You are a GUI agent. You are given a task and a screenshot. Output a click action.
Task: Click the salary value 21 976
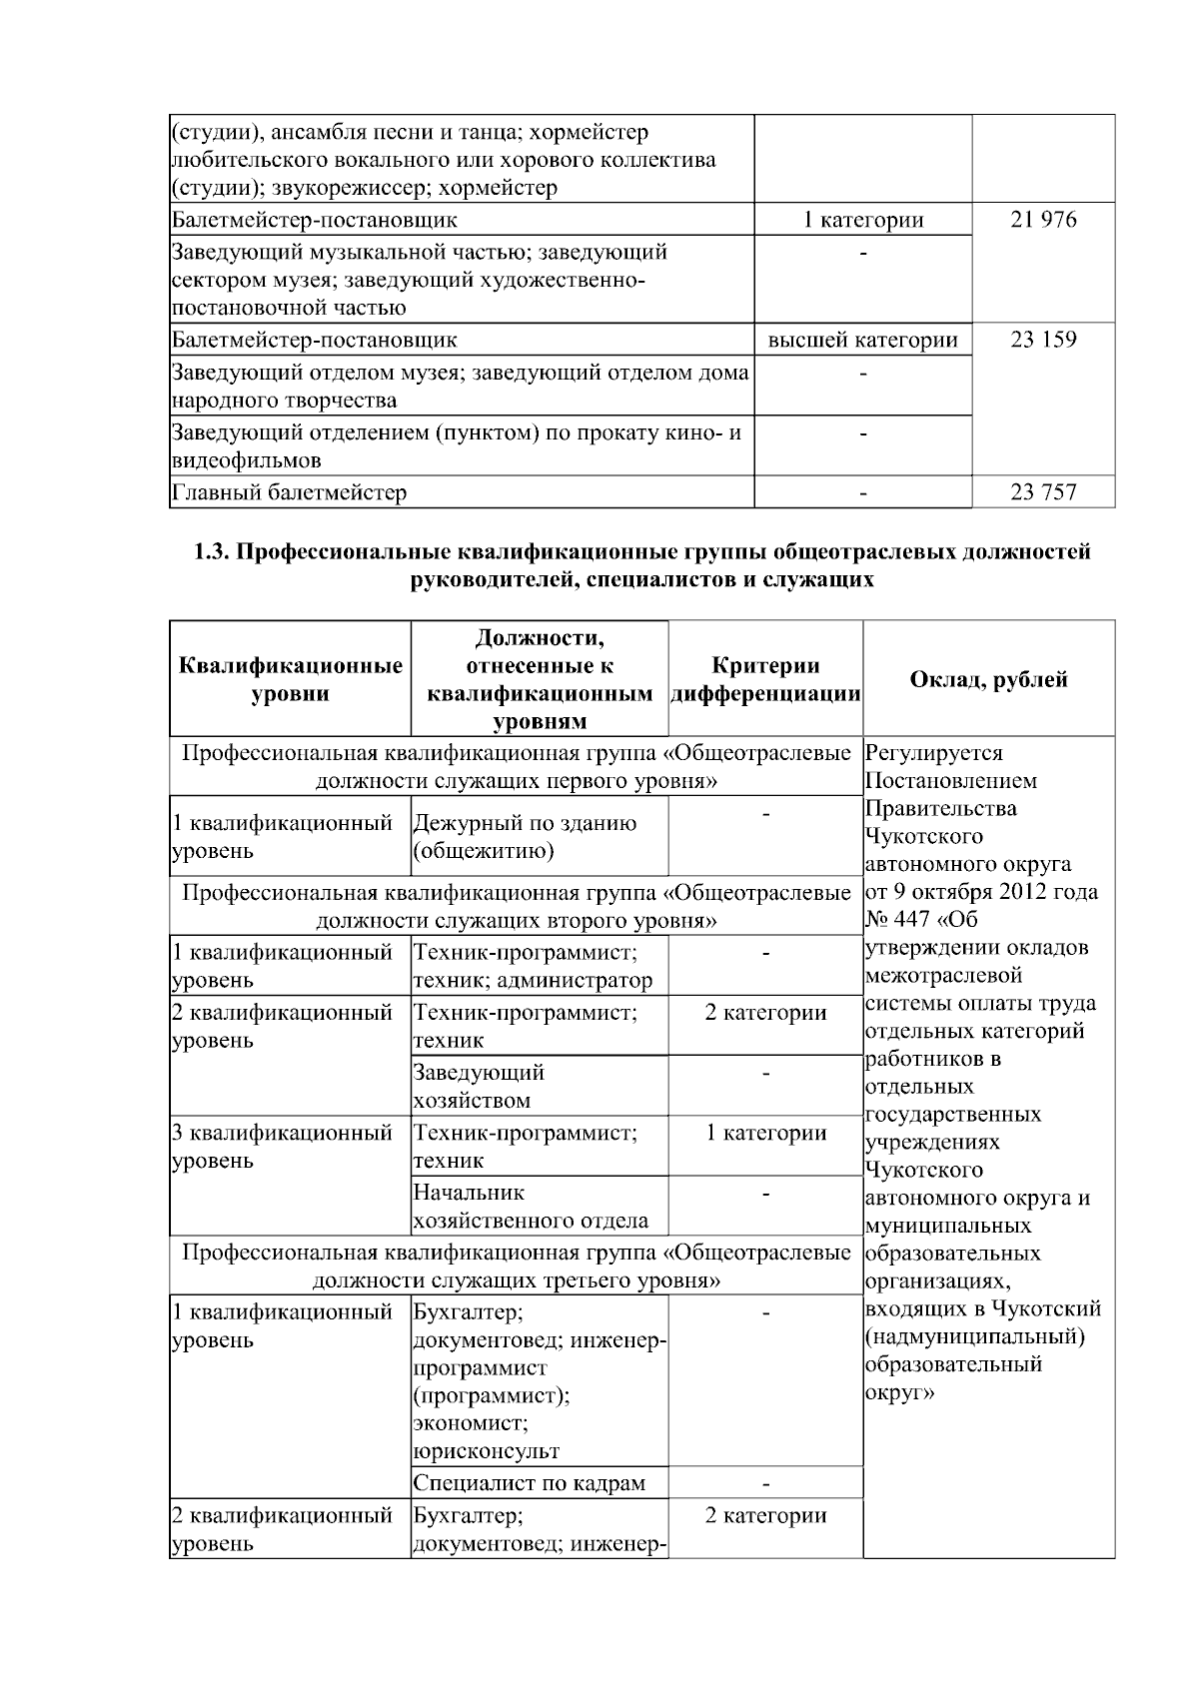click(1043, 220)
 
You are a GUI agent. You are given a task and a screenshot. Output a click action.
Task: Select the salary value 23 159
click(1043, 340)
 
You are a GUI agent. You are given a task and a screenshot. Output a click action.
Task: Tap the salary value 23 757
click(1043, 491)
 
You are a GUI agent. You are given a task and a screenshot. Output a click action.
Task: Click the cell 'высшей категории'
click(862, 340)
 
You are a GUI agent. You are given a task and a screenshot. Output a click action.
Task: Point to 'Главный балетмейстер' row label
click(290, 492)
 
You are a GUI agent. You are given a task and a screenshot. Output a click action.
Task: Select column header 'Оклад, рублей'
click(988, 679)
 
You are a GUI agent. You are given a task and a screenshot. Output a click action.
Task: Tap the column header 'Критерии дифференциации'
click(765, 679)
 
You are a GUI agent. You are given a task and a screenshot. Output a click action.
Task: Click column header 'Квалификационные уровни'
click(291, 679)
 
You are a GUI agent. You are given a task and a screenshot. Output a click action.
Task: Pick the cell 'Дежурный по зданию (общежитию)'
click(525, 837)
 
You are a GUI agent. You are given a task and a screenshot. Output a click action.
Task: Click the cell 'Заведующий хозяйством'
click(479, 1087)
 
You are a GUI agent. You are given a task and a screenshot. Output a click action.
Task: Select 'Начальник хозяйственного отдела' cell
click(530, 1207)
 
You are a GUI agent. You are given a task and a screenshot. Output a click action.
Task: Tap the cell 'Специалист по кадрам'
click(529, 1483)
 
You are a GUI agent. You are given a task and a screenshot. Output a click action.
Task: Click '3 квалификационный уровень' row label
click(282, 1147)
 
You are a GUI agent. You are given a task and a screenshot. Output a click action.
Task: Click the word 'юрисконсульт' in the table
click(487, 1450)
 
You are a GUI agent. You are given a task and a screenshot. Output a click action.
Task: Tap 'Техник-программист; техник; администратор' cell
click(533, 967)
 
